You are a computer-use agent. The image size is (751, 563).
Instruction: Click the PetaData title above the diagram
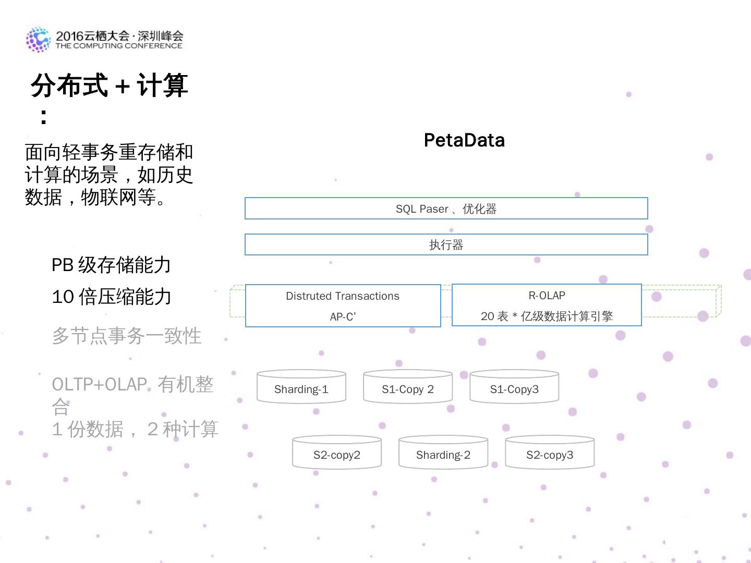(x=464, y=140)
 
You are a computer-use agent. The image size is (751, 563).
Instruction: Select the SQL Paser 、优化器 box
(x=446, y=209)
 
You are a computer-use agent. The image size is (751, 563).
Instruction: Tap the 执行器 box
(x=446, y=244)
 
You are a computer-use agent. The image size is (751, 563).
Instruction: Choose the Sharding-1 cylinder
(x=301, y=388)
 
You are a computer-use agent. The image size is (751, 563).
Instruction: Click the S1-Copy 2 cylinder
(x=408, y=388)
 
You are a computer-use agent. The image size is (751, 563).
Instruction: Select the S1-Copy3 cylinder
(x=514, y=388)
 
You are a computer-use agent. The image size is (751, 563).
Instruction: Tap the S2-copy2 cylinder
(x=337, y=454)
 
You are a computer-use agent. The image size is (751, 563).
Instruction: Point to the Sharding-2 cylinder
(x=443, y=454)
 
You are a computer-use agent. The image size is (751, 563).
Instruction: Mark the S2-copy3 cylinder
(x=550, y=454)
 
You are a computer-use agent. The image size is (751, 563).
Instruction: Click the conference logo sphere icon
(x=38, y=40)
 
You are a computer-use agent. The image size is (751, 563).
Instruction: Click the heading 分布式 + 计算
(x=110, y=85)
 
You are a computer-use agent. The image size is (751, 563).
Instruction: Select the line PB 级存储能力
(x=111, y=265)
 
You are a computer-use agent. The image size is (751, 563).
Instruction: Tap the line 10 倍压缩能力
(x=112, y=297)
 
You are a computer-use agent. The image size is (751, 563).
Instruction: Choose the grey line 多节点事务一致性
(x=127, y=336)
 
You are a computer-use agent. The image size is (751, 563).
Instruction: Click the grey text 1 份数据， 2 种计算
(x=135, y=429)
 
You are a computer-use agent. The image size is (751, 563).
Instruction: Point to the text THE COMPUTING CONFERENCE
(x=119, y=46)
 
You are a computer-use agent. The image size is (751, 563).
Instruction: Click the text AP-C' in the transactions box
(x=343, y=316)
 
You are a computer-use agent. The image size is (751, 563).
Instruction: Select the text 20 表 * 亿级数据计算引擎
(x=547, y=316)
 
